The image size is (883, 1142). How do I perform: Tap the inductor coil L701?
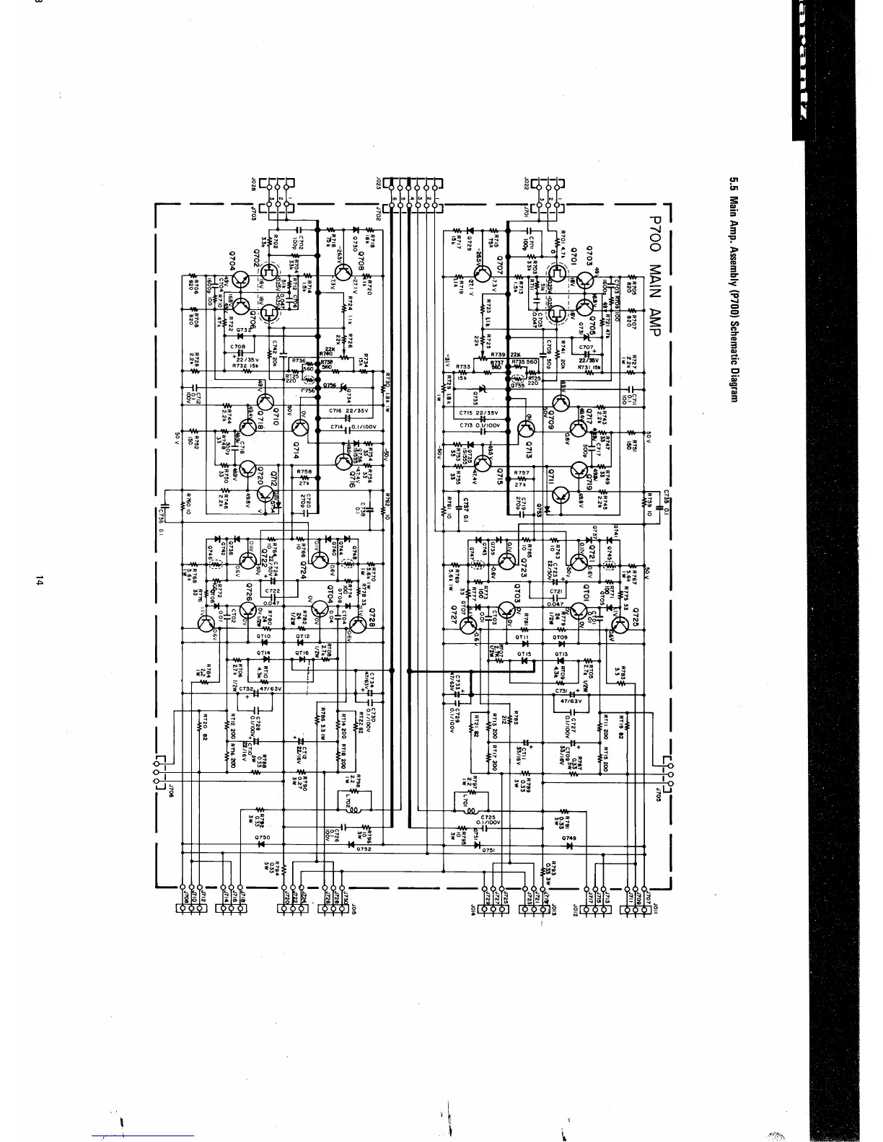click(470, 801)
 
